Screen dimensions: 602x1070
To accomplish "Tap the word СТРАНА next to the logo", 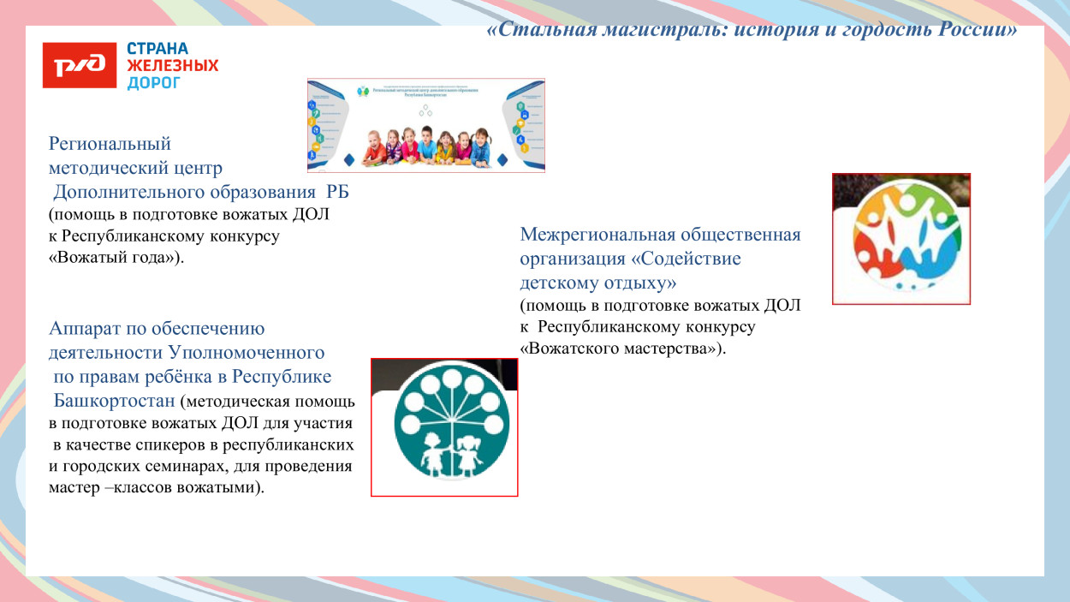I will tap(158, 49).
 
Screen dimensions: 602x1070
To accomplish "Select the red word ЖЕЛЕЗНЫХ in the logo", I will tap(173, 66).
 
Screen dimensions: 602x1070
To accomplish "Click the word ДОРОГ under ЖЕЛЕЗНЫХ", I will tap(154, 83).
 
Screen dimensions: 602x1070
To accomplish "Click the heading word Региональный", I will tap(110, 143).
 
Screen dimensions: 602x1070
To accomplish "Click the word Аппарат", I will tap(86, 328).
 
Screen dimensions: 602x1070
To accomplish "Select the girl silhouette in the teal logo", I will tap(467, 454).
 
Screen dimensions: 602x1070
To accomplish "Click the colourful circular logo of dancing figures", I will tap(901, 240).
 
